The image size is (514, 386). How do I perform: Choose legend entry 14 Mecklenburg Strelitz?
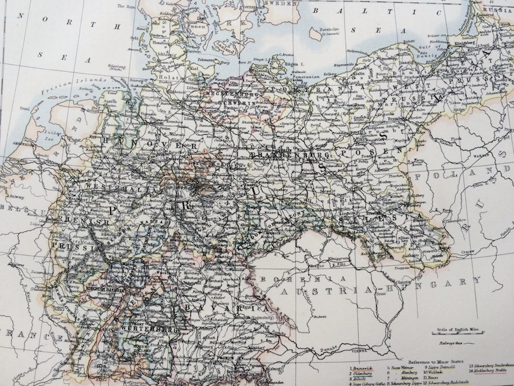[486, 373]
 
